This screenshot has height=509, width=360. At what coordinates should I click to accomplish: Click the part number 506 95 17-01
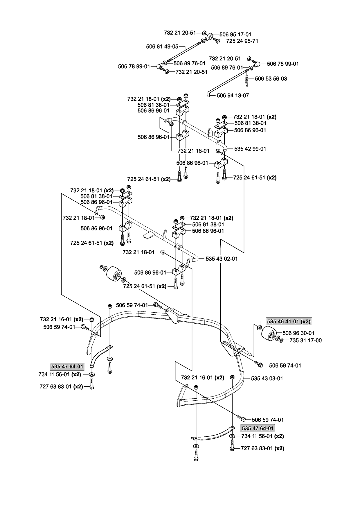tap(235, 34)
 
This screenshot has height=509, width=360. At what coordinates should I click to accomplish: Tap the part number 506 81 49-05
tap(162, 46)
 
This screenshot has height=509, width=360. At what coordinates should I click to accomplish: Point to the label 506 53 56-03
tap(271, 79)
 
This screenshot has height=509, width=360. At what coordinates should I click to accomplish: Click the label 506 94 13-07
tap(233, 95)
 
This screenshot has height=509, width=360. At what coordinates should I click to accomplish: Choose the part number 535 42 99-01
tap(250, 149)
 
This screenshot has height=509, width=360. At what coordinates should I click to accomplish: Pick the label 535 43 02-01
tap(222, 259)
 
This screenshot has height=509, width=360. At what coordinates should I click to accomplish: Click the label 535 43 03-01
tap(267, 378)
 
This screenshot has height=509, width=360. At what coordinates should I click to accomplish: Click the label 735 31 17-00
tap(305, 340)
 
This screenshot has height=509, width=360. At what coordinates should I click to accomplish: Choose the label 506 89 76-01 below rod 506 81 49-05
tap(189, 63)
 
